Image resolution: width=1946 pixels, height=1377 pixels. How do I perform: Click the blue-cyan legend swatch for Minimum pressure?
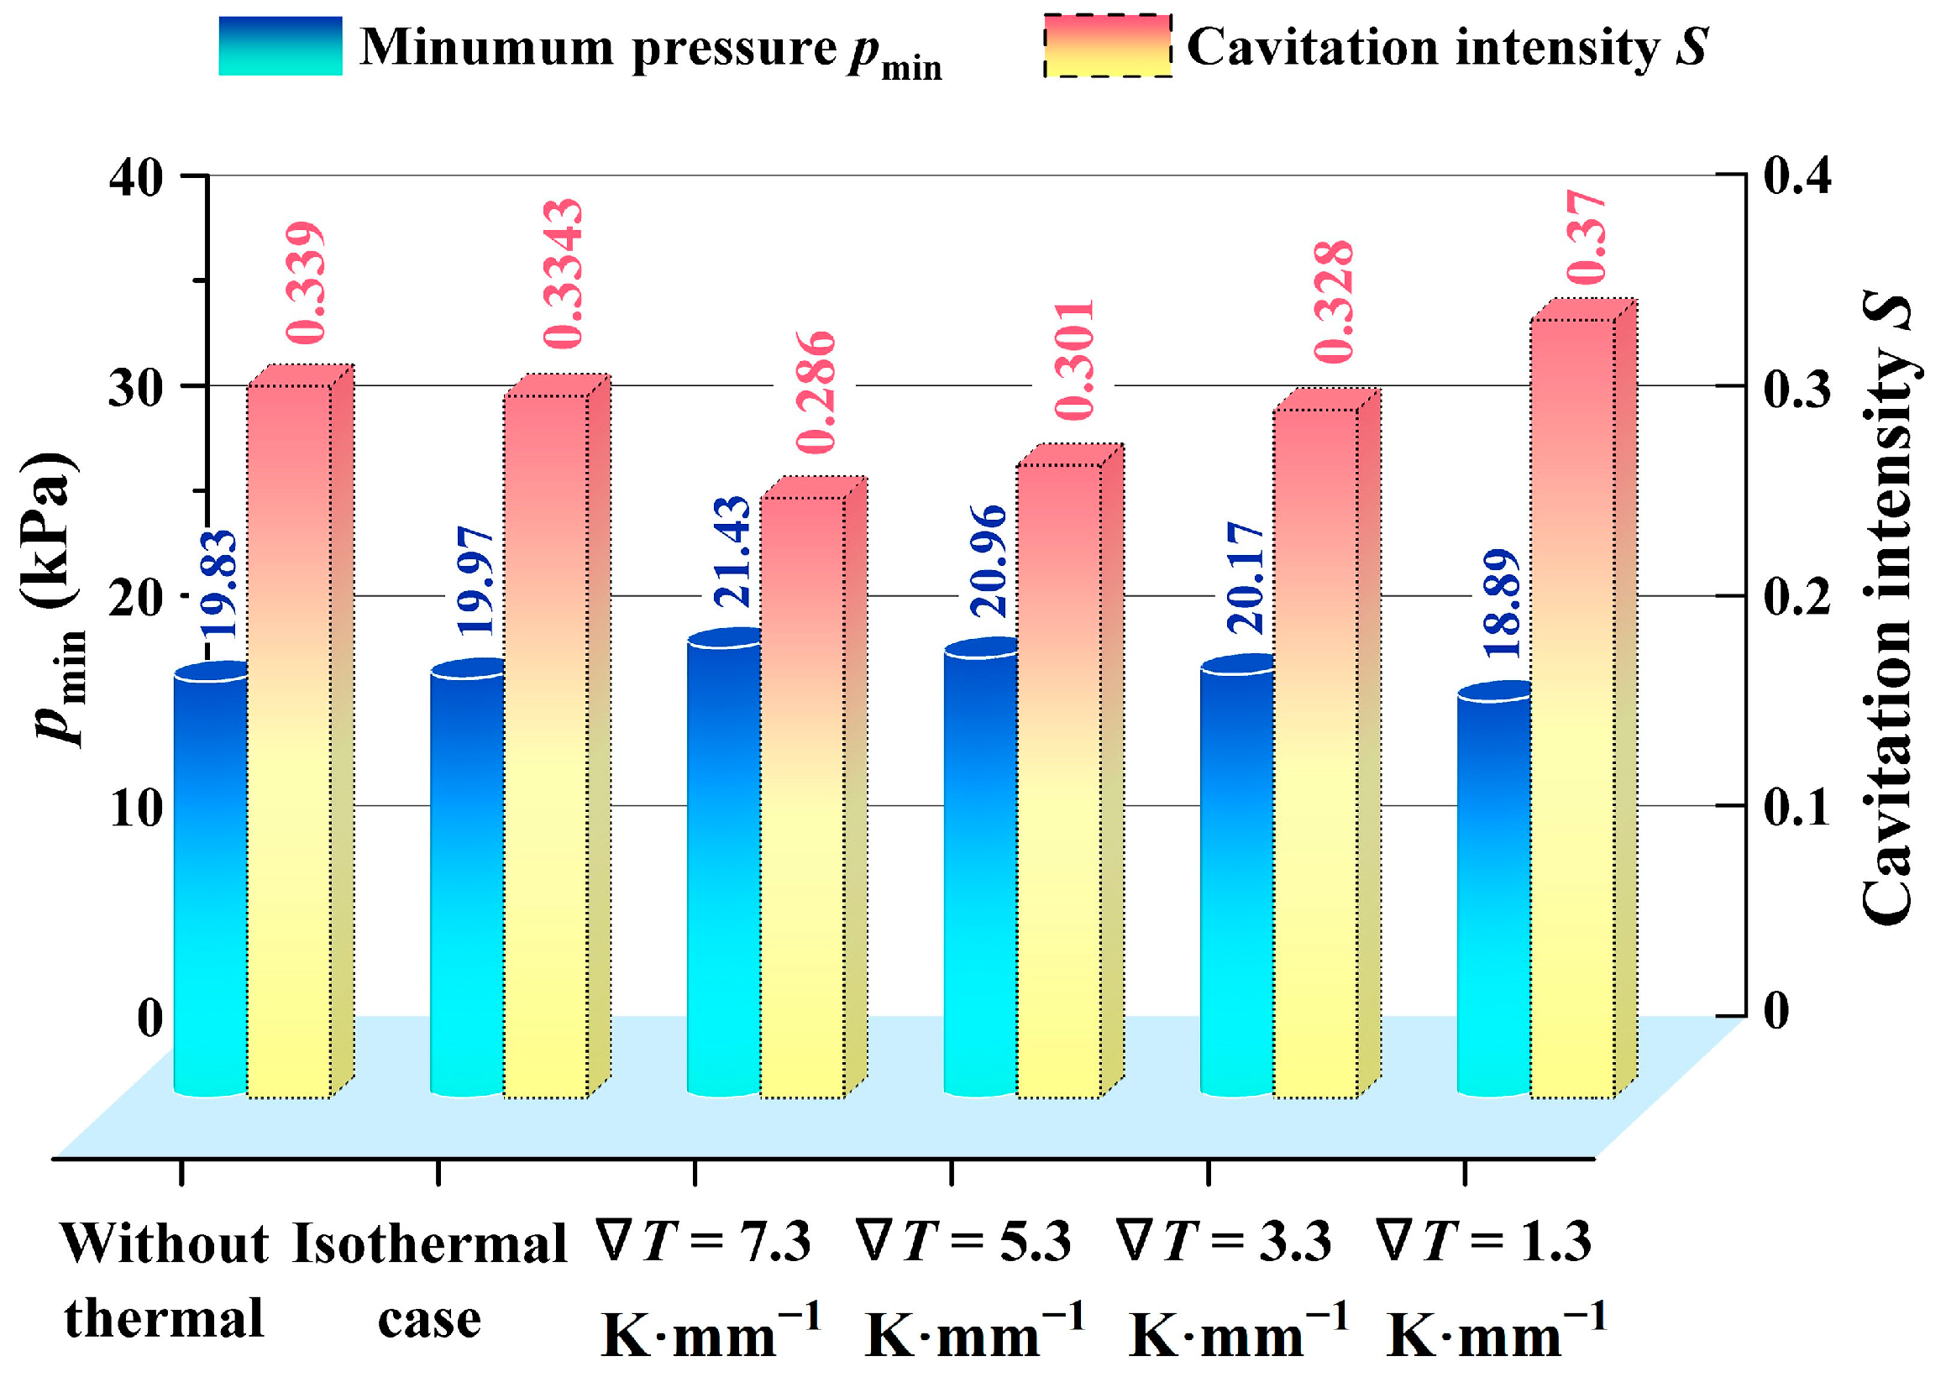280,46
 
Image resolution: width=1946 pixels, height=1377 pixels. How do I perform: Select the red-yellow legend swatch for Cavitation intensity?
1107,46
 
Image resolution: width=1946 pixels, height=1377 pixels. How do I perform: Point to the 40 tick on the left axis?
137,178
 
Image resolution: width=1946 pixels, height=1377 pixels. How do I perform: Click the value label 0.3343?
564,274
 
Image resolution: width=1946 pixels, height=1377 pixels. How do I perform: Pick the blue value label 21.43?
732,551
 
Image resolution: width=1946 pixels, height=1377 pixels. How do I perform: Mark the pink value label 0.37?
1586,238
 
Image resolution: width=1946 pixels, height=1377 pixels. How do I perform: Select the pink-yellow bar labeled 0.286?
802,797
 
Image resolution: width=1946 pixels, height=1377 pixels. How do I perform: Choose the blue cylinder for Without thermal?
210,882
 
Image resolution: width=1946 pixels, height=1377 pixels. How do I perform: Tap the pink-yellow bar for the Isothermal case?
546,746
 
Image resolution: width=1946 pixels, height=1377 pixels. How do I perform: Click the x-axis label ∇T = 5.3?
963,1243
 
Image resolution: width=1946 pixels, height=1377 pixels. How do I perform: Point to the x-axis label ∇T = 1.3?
1484,1243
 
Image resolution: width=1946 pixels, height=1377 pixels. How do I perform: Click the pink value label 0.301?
1075,359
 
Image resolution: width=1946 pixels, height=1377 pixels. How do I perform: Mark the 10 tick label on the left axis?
136,808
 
